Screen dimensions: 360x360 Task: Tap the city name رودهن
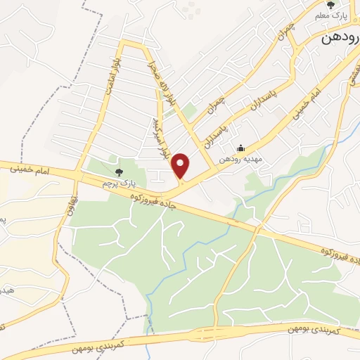pyautogui.click(x=340, y=39)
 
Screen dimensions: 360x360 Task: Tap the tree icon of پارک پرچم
pyautogui.click(x=117, y=171)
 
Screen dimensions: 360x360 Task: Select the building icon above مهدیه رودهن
pyautogui.click(x=241, y=148)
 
